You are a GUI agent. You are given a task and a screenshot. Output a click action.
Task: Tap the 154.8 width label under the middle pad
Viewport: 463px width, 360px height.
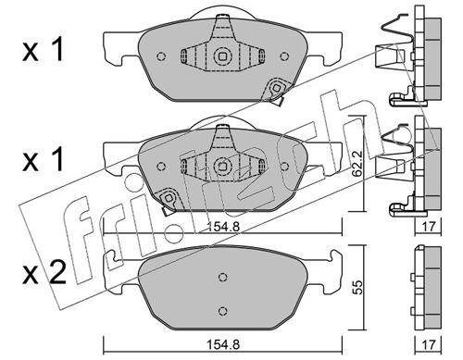[x=223, y=227]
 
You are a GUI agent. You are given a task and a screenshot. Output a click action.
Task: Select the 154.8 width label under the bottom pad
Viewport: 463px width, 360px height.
[x=223, y=344]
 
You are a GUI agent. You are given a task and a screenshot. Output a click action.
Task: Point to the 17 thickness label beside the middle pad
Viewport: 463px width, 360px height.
[x=429, y=227]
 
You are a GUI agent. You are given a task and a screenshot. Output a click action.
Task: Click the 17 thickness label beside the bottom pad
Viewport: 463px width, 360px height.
[x=429, y=344]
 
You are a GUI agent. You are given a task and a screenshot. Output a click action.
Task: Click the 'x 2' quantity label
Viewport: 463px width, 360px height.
[x=44, y=273]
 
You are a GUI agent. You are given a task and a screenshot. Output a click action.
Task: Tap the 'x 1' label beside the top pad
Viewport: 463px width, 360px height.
[x=43, y=49]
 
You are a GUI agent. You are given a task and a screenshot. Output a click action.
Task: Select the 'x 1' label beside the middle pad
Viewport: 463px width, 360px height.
[x=43, y=159]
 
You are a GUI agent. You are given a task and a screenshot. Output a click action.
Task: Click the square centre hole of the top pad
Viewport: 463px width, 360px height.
[x=222, y=56]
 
